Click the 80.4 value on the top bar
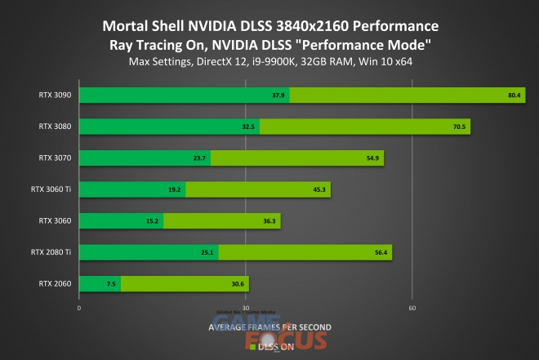(x=514, y=96)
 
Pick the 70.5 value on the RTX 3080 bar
(x=460, y=127)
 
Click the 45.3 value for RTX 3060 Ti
(x=319, y=189)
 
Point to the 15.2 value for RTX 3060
(x=154, y=220)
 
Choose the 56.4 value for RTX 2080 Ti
(x=381, y=252)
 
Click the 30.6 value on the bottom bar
(x=238, y=283)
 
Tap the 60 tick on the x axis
(x=412, y=308)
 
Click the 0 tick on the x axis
(x=78, y=308)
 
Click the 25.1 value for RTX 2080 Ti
(x=207, y=252)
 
